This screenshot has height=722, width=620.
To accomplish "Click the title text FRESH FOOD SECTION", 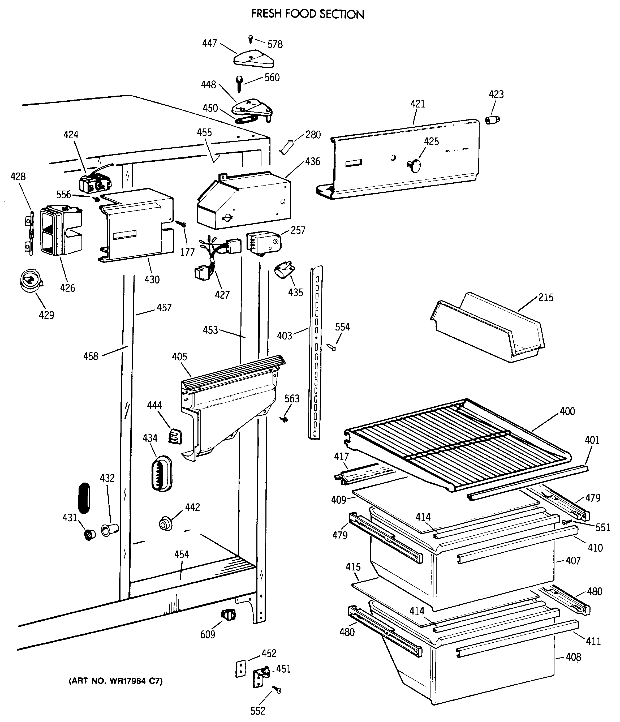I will [308, 14].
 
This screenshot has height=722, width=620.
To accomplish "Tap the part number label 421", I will [417, 104].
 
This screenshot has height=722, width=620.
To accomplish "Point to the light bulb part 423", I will [492, 120].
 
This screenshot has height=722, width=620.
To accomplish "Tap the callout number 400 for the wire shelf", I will [567, 411].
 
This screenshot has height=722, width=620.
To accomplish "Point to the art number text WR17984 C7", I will [116, 681].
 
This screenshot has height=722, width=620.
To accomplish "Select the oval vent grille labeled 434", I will [162, 474].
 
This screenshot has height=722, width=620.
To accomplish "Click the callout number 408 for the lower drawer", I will [573, 657].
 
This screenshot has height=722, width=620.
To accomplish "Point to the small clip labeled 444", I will [175, 436].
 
